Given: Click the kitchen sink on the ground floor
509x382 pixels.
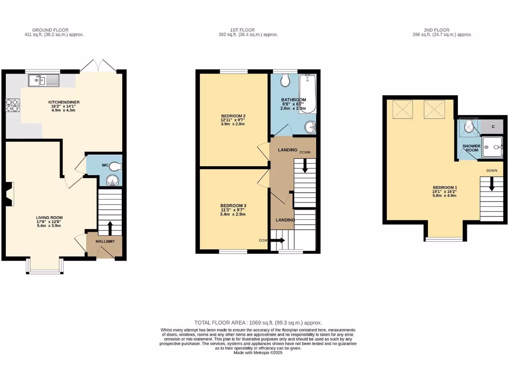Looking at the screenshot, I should pyautogui.click(x=43, y=80).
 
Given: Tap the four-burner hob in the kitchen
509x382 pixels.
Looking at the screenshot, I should pyautogui.click(x=12, y=104).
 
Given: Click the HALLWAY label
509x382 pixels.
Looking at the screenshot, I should pyautogui.click(x=105, y=241).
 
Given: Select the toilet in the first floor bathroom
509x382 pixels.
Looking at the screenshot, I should pyautogui.click(x=286, y=81).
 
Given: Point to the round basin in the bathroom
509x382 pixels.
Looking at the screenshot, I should pyautogui.click(x=311, y=127).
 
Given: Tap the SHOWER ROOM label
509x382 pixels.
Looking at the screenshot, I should pyautogui.click(x=471, y=148).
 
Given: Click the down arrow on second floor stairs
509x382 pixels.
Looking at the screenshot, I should pyautogui.click(x=492, y=185).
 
